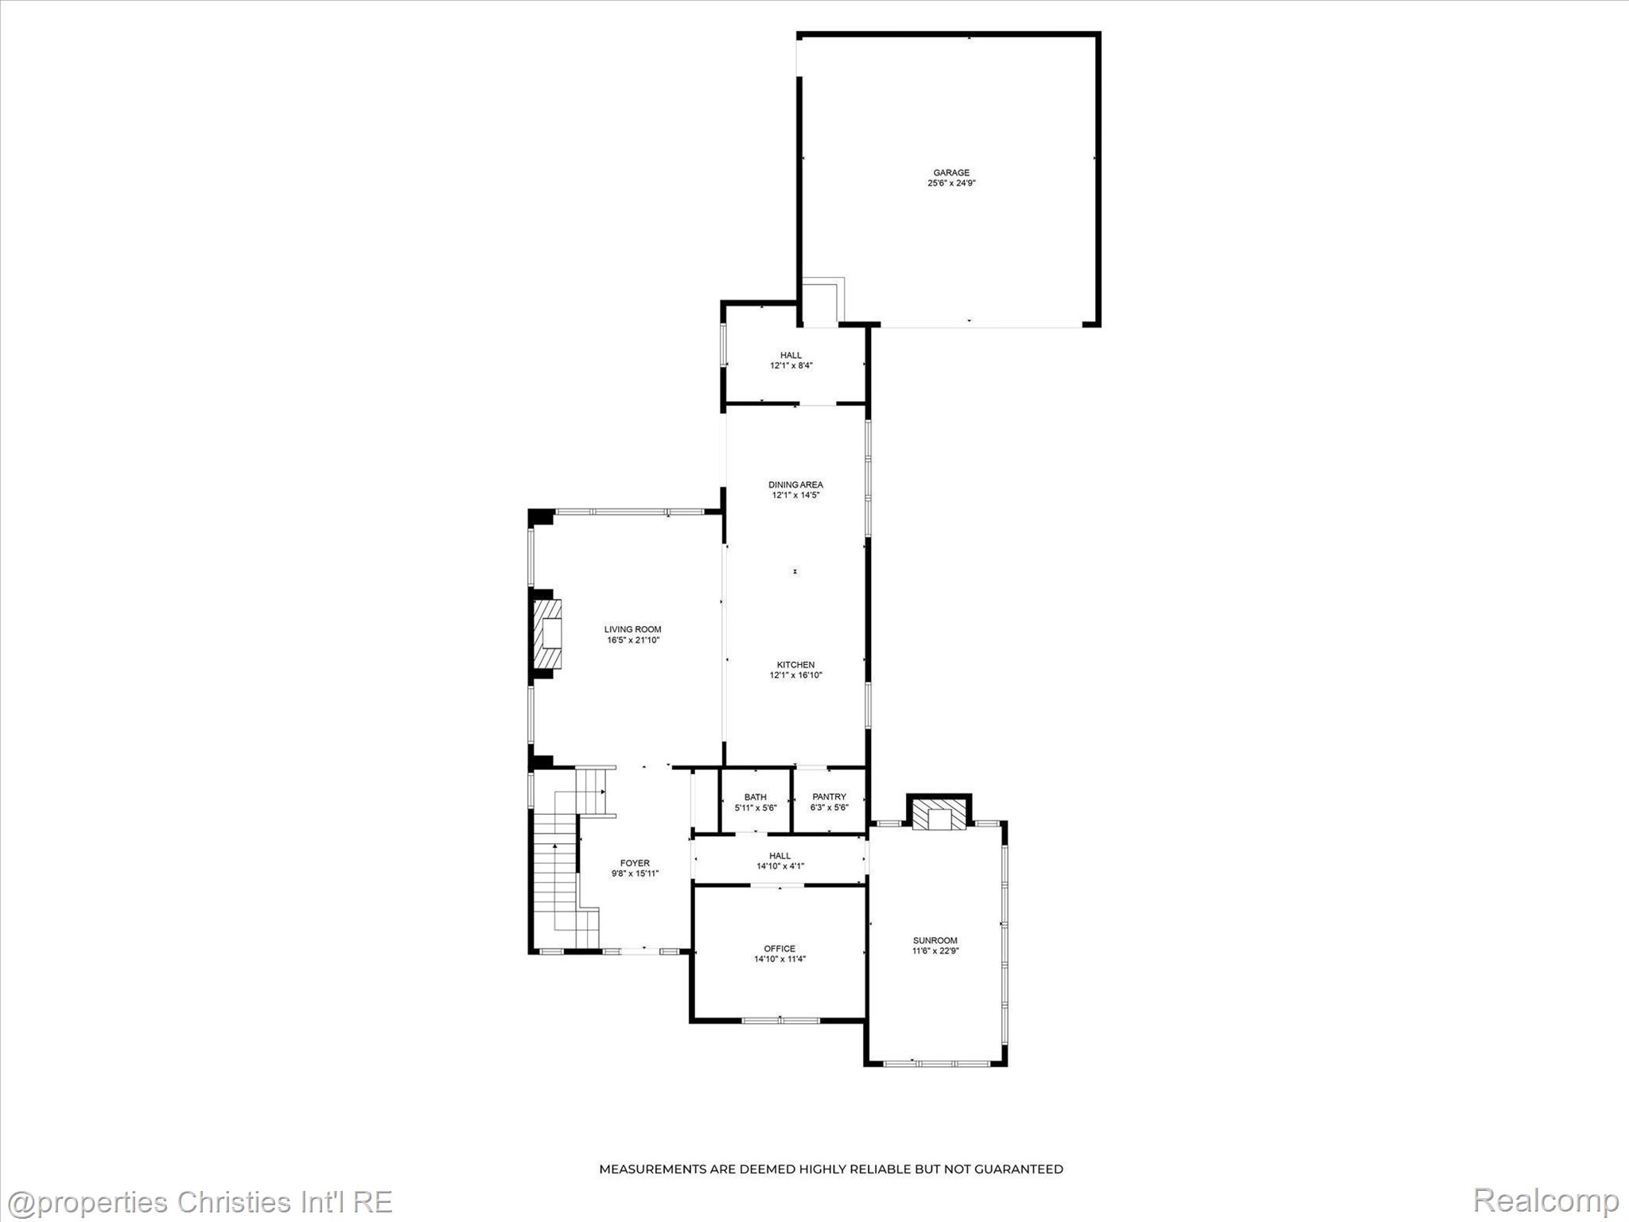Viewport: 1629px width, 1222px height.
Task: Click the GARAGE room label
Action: tap(951, 173)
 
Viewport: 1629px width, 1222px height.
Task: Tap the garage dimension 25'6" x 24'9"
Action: tap(951, 183)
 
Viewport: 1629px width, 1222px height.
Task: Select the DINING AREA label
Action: tap(795, 485)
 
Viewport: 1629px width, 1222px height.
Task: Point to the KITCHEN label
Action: tap(795, 665)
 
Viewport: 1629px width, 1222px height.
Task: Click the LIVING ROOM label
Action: tap(632, 629)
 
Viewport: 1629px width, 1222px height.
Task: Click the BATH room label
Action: tap(756, 797)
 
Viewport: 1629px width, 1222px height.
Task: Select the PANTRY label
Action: tap(830, 797)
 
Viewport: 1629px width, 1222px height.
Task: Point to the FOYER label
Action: tap(635, 863)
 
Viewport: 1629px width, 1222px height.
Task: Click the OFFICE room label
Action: tap(780, 948)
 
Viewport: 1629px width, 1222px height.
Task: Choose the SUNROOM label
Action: tap(935, 940)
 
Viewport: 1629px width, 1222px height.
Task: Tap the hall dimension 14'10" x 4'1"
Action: tap(780, 866)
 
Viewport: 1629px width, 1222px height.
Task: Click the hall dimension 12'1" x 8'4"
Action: tap(791, 366)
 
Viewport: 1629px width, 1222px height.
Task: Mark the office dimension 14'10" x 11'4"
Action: tap(780, 959)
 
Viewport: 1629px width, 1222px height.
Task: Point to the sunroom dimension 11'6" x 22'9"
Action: tap(935, 951)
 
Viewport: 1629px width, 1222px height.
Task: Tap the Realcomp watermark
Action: tap(1545, 1201)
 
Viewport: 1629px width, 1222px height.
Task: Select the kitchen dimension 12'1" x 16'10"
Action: tap(795, 675)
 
